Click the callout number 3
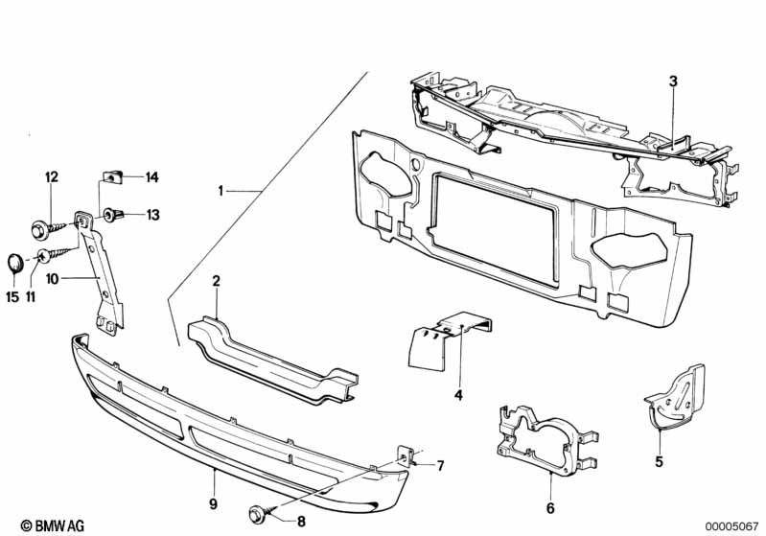pyautogui.click(x=673, y=82)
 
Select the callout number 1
pyautogui.click(x=221, y=192)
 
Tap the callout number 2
pyautogui.click(x=217, y=281)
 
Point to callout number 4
pyautogui.click(x=458, y=395)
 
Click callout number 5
pyautogui.click(x=660, y=460)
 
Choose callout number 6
pyautogui.click(x=550, y=508)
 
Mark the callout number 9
pyautogui.click(x=214, y=503)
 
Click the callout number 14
pyautogui.click(x=151, y=176)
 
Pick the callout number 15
pyautogui.click(x=12, y=297)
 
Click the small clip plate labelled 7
pyautogui.click(x=408, y=454)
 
